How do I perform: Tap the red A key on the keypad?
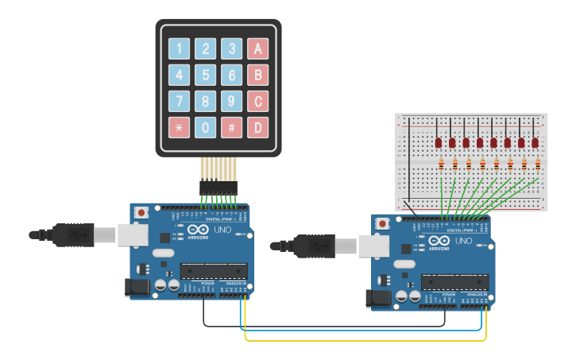pos(257,49)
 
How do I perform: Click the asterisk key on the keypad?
pos(180,127)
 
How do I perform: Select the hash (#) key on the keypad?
pos(231,127)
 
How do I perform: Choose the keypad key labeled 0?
pos(206,127)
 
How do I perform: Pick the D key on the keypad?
pos(257,127)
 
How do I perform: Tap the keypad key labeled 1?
pos(180,49)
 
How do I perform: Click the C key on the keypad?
pos(257,102)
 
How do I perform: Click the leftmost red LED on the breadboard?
pos(439,141)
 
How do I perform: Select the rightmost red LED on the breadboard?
pos(535,141)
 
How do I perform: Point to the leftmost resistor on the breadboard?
pos(441,165)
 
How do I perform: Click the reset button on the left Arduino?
pos(141,212)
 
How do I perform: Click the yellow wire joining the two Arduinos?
pos(365,340)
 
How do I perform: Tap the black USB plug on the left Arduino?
pos(75,234)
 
